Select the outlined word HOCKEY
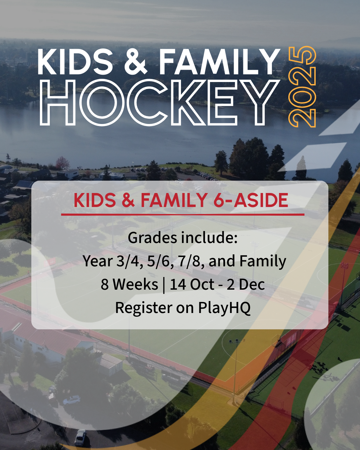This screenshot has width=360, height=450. [159, 103]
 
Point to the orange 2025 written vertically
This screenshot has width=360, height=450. [302, 87]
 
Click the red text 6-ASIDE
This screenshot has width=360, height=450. [251, 200]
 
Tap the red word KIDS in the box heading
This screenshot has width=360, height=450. [95, 200]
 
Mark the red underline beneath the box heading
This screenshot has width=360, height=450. [183, 215]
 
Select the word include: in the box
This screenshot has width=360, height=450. [209, 238]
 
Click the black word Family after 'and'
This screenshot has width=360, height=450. [263, 262]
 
